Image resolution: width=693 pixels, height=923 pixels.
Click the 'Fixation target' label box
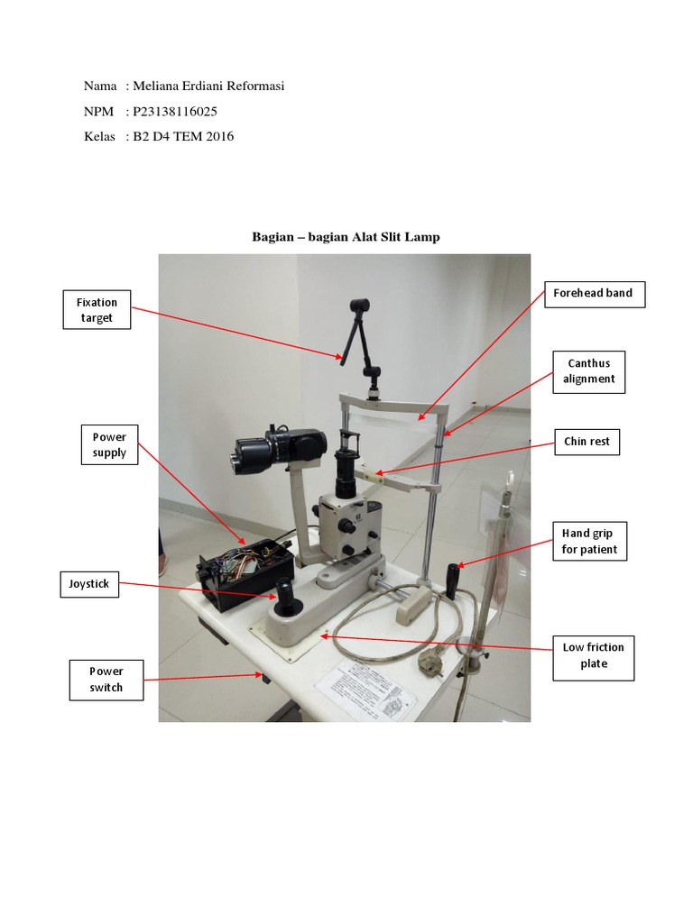point(97,310)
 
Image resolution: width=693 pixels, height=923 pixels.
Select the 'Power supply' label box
point(109,444)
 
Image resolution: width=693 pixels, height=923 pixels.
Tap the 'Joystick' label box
point(89,584)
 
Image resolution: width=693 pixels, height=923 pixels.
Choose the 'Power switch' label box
point(106,680)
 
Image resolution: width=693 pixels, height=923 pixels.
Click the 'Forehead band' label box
point(593,293)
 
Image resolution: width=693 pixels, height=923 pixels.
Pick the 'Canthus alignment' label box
point(588,371)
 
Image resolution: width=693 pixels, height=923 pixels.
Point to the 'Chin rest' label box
point(587,442)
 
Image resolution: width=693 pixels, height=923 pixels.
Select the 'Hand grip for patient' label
point(589,542)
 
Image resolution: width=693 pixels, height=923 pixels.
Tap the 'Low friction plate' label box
point(593,655)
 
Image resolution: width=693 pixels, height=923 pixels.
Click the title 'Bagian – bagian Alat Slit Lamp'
point(346,237)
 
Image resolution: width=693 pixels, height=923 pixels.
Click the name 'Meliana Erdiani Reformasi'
point(208,87)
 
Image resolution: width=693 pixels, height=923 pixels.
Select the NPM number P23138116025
point(175,112)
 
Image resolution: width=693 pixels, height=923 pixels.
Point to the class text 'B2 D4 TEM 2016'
point(183,137)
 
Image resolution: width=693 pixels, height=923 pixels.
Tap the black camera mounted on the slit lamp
point(280,446)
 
